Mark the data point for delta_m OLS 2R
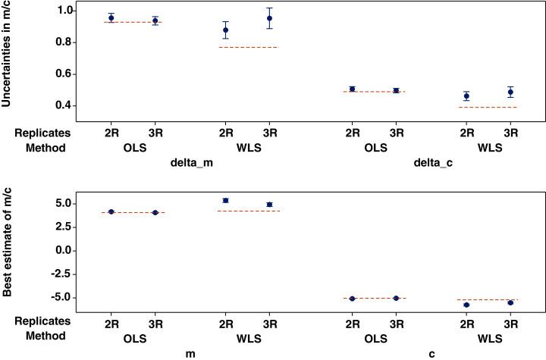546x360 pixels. pyautogui.click(x=111, y=17)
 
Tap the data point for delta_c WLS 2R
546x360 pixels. pyautogui.click(x=467, y=96)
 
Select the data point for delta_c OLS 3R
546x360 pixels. pyautogui.click(x=396, y=90)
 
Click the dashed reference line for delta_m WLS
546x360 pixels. pyautogui.click(x=248, y=47)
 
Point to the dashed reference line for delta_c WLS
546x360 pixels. pyautogui.click(x=489, y=107)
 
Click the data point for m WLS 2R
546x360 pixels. pyautogui.click(x=225, y=200)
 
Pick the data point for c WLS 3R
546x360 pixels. pyautogui.click(x=510, y=302)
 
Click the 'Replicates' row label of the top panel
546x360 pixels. pyautogui.click(x=41, y=132)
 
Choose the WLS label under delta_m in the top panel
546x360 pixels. pyautogui.click(x=247, y=148)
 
